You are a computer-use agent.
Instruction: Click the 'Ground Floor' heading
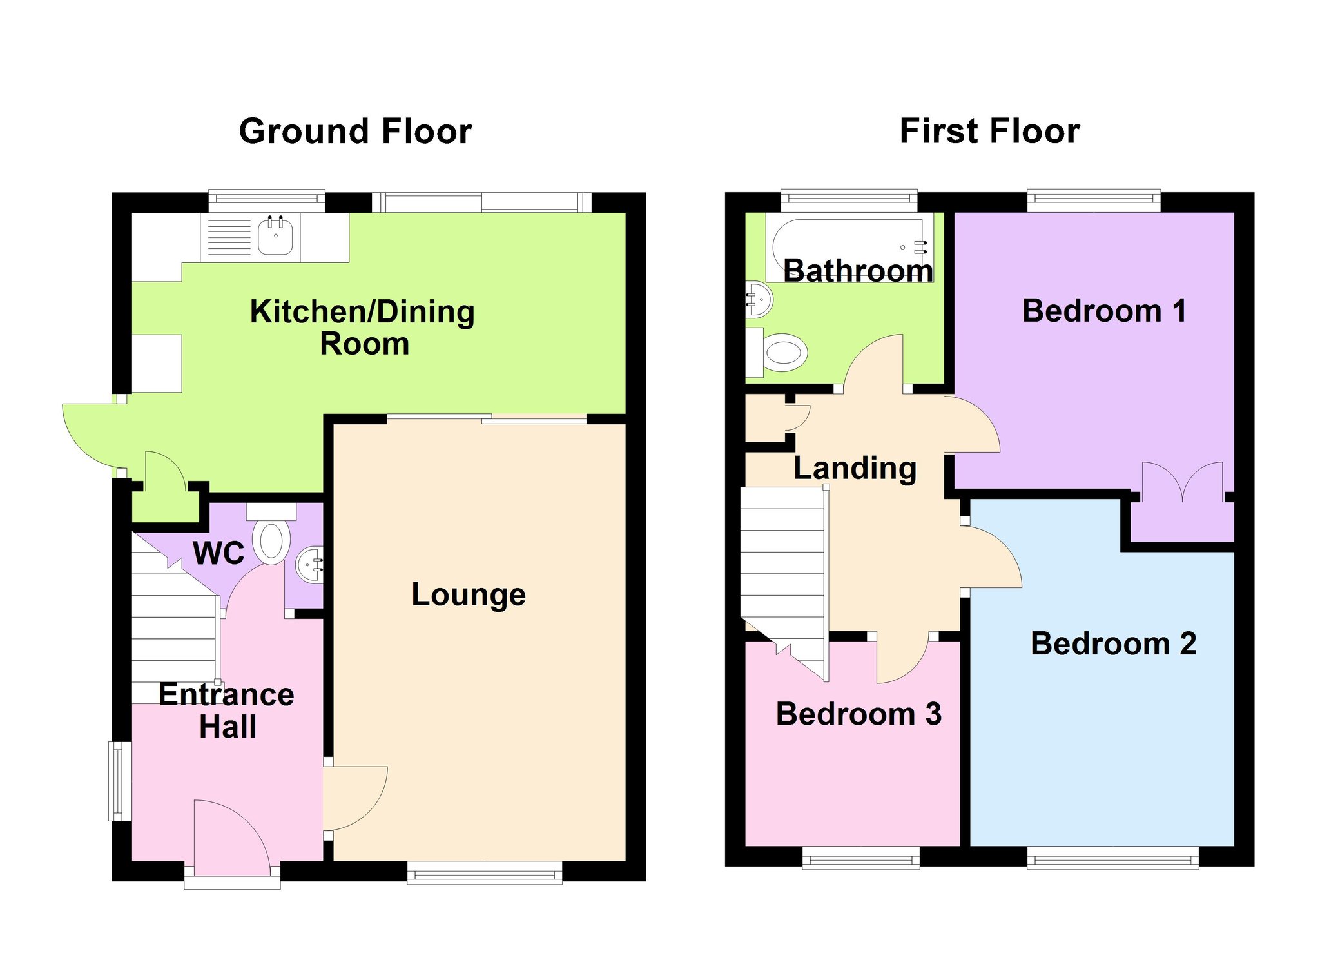coord(355,132)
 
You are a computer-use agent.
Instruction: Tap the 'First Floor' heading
coord(989,132)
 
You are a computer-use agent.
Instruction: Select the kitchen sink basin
coord(276,236)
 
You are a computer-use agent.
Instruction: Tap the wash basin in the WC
coord(309,565)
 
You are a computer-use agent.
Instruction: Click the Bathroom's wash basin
coord(759,300)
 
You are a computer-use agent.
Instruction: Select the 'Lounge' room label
coord(469,595)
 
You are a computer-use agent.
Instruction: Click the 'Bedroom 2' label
coord(1113,643)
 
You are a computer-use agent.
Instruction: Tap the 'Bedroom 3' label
coord(859,714)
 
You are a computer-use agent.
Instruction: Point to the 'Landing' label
coord(855,469)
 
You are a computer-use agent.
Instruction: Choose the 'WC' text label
coord(218,553)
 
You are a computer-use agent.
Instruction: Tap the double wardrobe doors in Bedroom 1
coord(1182,480)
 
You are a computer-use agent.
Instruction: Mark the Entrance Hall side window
coord(119,781)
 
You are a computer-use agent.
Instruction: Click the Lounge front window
coord(485,872)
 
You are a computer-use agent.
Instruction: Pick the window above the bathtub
coord(849,201)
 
